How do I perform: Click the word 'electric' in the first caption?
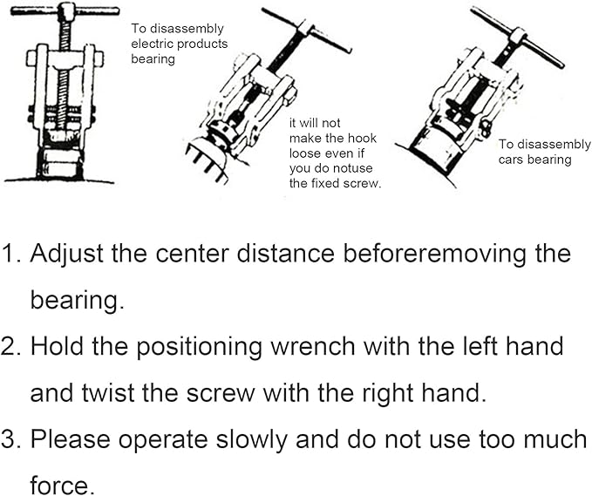tap(149, 44)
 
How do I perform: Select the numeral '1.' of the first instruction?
tap(12, 255)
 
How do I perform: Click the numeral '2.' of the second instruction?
tap(12, 347)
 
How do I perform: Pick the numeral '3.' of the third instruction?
tap(12, 439)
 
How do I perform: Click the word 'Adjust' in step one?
tap(68, 255)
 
